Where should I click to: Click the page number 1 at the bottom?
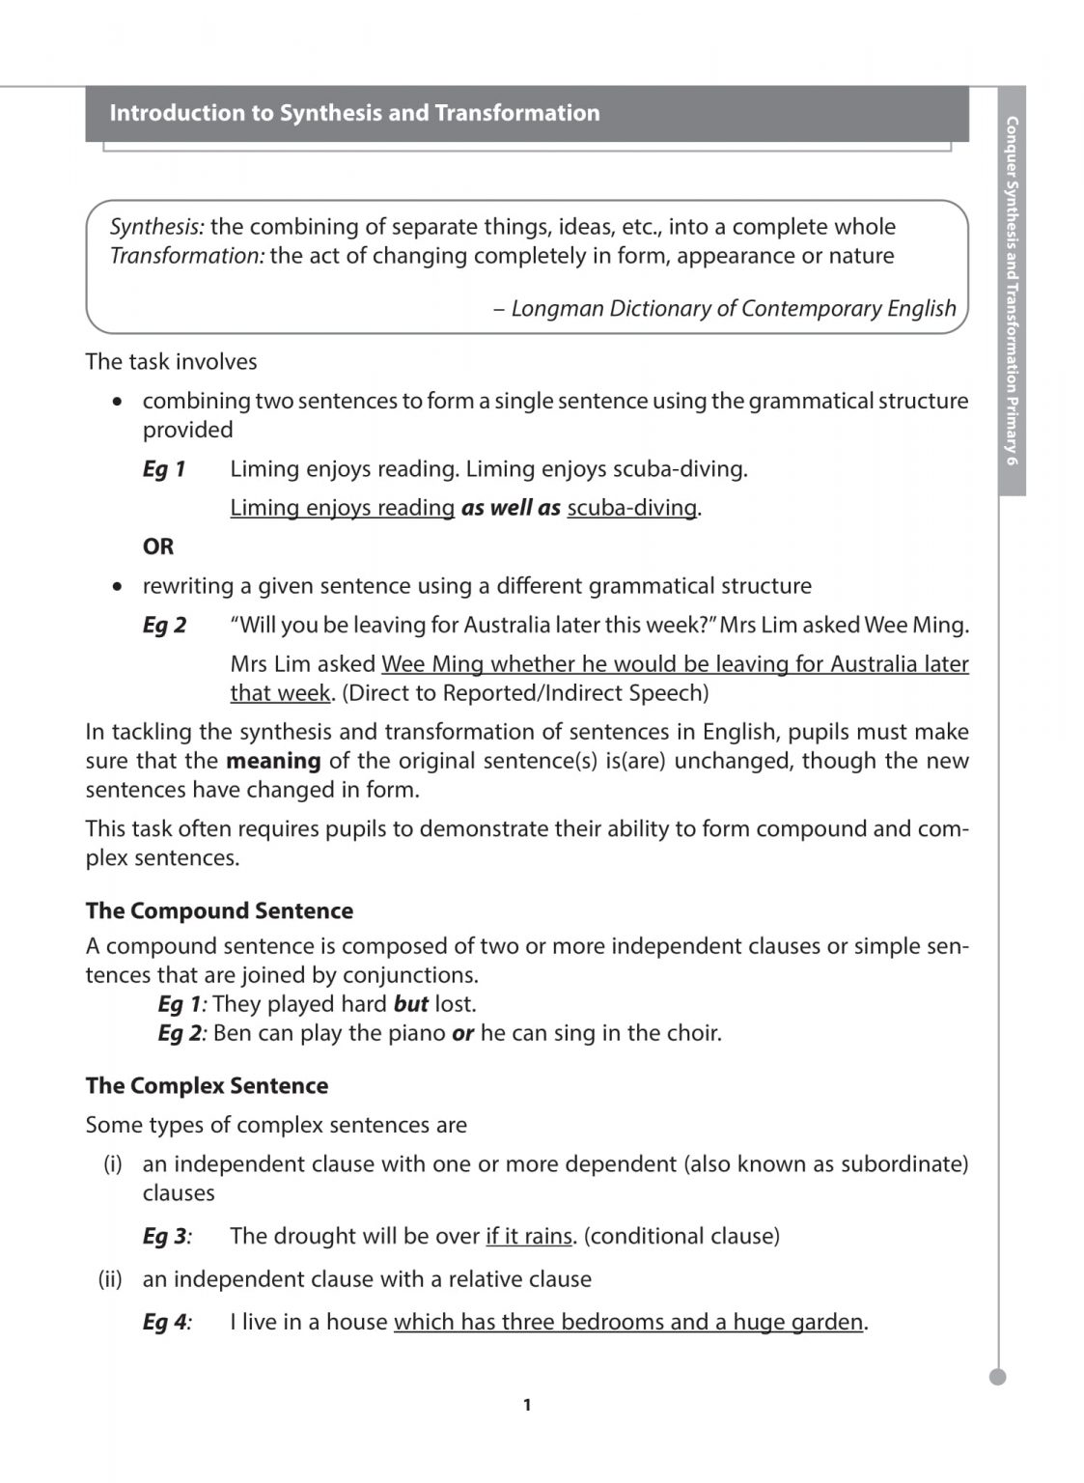pos(526,1405)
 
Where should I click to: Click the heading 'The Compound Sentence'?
pos(219,910)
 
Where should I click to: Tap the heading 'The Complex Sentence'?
pos(207,1085)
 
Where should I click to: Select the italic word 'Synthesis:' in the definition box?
pos(156,227)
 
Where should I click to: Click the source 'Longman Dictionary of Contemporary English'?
pos(733,308)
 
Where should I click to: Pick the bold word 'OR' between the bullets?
pos(158,546)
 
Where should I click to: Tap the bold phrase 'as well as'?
pos(511,508)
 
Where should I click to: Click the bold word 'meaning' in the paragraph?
pos(273,761)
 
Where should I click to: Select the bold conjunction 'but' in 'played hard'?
pos(411,1004)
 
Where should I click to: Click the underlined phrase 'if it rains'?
pos(528,1236)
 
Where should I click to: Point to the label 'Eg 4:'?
pos(166,1322)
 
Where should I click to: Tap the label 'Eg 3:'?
pos(166,1236)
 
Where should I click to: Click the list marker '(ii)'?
pos(110,1279)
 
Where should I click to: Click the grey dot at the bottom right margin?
pos(998,1377)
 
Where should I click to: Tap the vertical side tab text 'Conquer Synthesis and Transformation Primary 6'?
pos(1012,290)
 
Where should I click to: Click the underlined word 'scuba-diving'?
pos(631,508)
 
